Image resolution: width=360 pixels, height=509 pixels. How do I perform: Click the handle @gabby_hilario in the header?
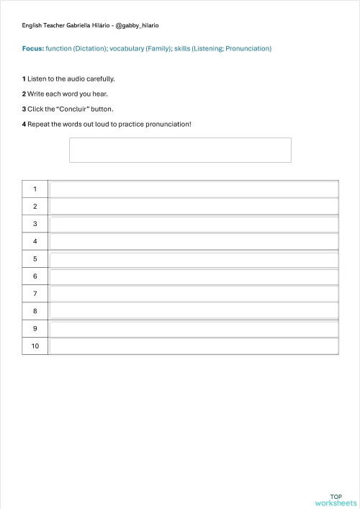137,25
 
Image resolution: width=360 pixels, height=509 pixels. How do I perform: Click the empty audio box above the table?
180,150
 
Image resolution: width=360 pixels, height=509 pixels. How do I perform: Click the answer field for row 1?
194,189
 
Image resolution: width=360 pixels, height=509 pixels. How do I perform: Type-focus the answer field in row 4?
194,241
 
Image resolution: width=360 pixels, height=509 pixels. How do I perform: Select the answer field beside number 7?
194,294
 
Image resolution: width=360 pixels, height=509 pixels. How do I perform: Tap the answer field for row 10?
194,346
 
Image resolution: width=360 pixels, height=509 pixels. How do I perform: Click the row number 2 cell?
35,206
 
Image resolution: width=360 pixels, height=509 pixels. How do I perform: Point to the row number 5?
35,258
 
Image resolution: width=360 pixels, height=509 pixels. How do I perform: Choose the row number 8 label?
35,311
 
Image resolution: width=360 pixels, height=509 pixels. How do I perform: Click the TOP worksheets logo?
336,500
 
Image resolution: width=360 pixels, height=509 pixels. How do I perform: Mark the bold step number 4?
24,124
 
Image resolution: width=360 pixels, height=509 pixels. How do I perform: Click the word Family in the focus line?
156,49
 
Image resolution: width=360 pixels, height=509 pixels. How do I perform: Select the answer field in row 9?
194,329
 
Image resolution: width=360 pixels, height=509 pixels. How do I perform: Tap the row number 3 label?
35,224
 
